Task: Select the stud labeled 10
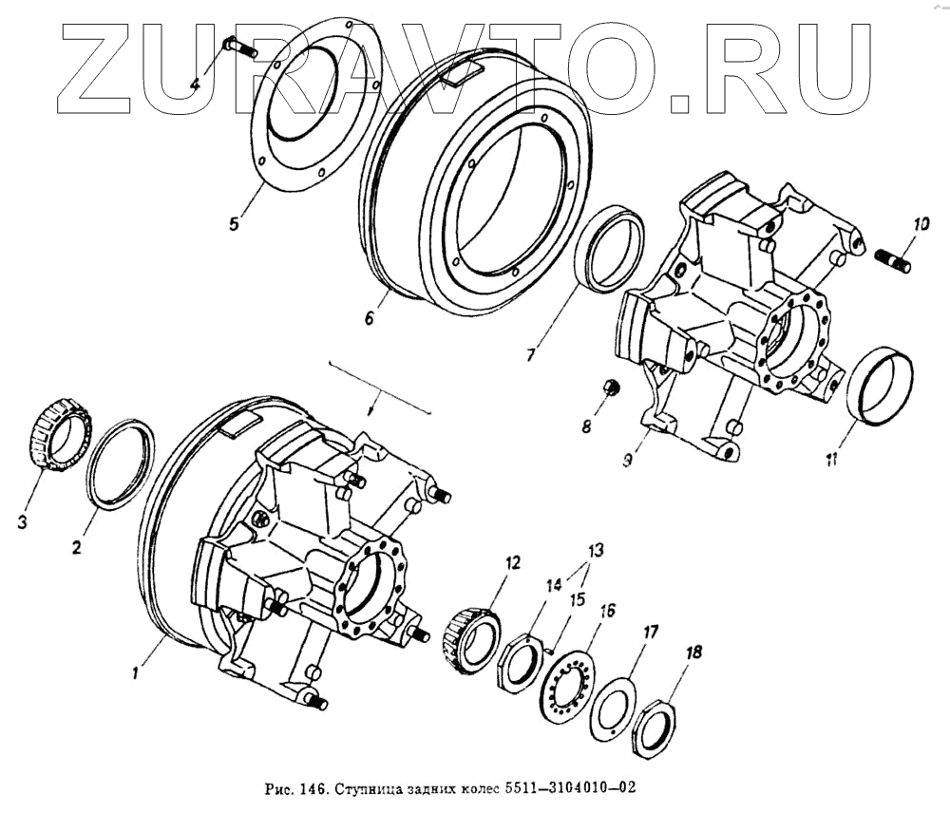pyautogui.click(x=892, y=258)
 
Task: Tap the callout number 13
pyautogui.click(x=595, y=550)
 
